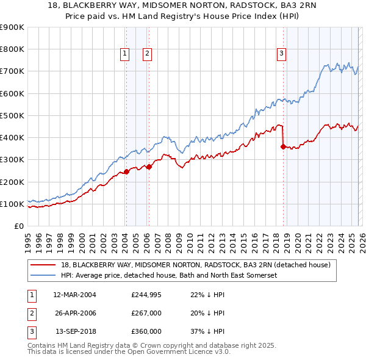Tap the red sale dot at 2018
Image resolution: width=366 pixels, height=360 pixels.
(283, 146)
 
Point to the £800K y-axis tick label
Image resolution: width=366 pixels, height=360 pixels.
(12, 49)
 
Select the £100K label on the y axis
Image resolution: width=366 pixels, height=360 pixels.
(12, 204)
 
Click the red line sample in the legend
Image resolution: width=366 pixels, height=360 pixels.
(43, 265)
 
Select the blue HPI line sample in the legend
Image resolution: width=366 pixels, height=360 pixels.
(43, 275)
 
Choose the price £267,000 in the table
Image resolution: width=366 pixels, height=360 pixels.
(146, 314)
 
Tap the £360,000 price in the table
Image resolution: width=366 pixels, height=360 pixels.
(146, 331)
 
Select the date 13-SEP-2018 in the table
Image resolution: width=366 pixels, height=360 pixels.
(75, 331)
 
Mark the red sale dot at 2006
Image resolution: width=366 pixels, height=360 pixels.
(149, 167)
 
